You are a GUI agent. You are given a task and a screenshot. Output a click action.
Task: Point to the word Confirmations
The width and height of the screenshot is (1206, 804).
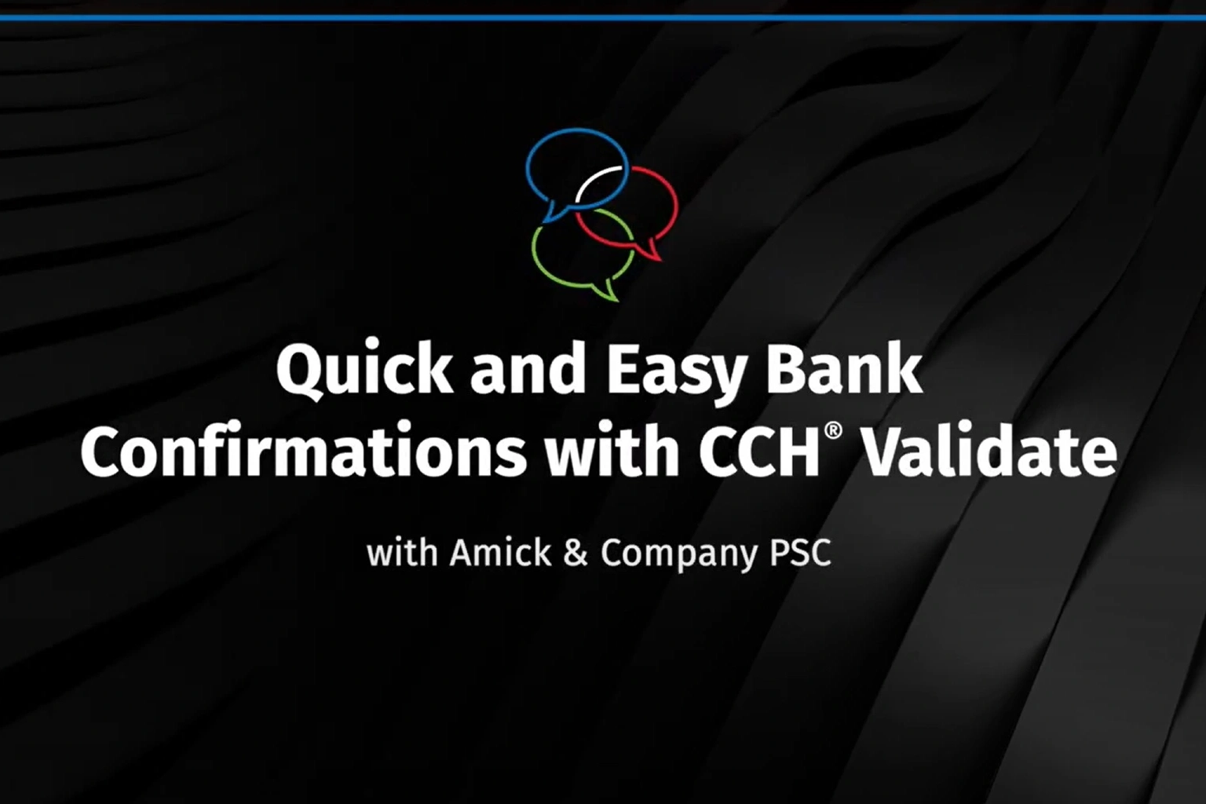click(303, 450)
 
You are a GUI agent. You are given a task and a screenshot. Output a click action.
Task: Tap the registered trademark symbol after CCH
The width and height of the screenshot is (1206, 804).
click(833, 432)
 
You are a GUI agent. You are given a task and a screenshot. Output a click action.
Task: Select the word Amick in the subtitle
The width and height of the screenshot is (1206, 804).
click(501, 553)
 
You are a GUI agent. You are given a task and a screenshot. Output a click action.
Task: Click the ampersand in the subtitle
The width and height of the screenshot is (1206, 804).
click(576, 554)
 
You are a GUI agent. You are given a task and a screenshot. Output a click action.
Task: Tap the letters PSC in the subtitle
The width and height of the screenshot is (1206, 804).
click(801, 554)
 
